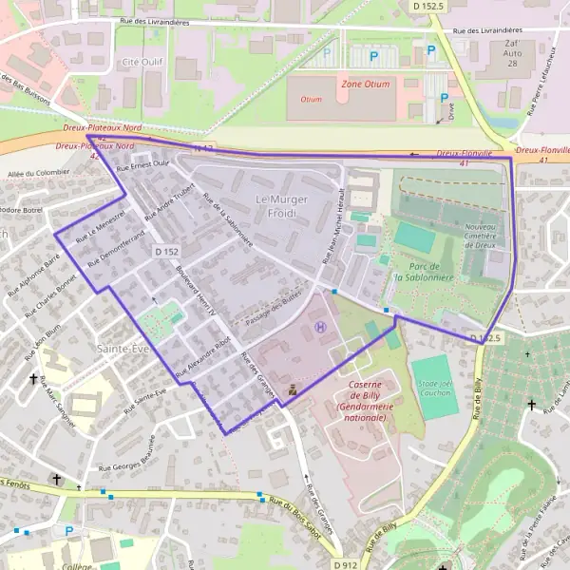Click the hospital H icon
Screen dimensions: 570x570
[x=319, y=327]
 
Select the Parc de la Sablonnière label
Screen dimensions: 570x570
[x=424, y=271]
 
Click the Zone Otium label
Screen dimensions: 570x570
[x=365, y=84]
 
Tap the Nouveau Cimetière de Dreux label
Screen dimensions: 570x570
[x=486, y=236]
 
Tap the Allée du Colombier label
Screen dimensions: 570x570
[x=39, y=173]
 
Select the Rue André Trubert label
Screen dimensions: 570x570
[x=175, y=201]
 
